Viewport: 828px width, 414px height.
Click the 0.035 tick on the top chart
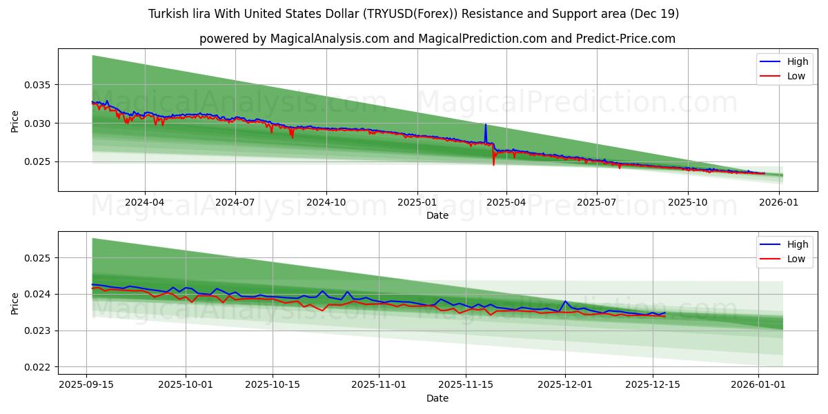tap(39, 85)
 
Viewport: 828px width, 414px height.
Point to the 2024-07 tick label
tap(235, 203)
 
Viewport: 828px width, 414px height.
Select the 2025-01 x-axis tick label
tap(417, 203)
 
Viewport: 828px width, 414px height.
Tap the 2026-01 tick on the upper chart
tap(778, 203)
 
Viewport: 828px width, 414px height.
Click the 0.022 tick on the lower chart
tap(39, 367)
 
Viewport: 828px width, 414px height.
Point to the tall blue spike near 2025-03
tap(485, 126)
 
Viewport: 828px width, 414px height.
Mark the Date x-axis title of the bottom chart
tap(437, 398)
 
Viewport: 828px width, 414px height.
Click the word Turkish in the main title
tap(168, 14)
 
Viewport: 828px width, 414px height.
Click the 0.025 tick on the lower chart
tap(39, 258)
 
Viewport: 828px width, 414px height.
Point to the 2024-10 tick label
tap(326, 203)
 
